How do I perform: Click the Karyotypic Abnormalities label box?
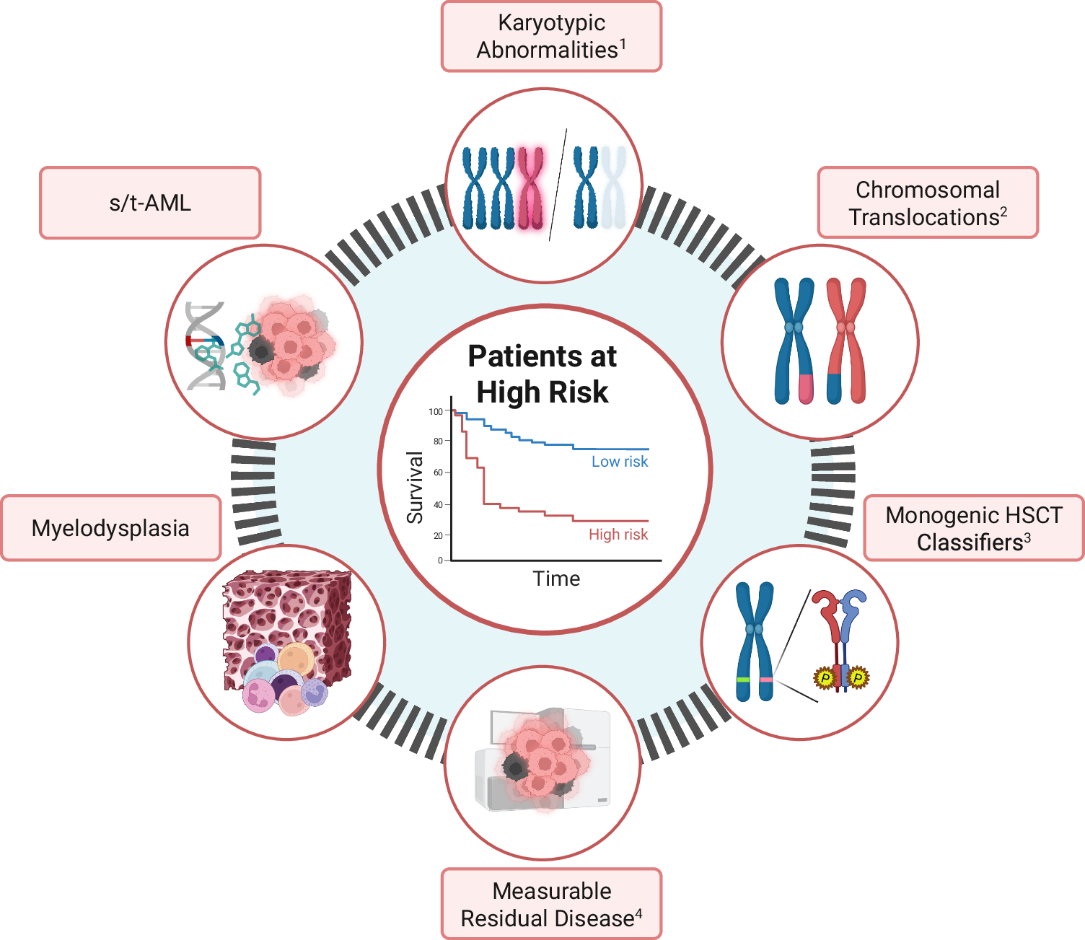[x=551, y=36]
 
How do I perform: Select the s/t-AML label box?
[x=150, y=203]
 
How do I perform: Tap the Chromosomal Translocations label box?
[x=928, y=203]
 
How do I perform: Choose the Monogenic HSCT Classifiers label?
[x=973, y=528]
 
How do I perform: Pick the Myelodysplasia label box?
[x=110, y=528]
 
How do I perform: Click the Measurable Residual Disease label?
[x=551, y=904]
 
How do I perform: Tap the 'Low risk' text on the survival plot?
[x=620, y=462]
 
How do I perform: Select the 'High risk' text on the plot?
[x=618, y=535]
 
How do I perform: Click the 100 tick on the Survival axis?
[x=436, y=412]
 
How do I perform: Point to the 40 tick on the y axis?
[x=438, y=505]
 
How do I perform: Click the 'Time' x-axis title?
[x=556, y=579]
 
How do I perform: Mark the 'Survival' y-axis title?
[x=415, y=488]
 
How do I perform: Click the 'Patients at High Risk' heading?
[x=542, y=374]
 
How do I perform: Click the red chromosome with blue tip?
[x=847, y=341]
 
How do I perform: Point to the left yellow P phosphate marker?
[x=824, y=678]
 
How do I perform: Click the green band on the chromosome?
[x=743, y=680]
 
